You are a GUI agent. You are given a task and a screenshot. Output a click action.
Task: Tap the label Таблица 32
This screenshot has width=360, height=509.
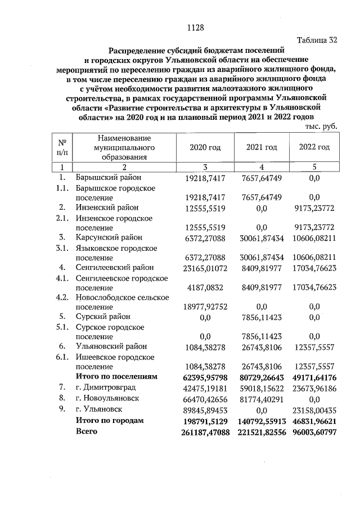tap(317, 40)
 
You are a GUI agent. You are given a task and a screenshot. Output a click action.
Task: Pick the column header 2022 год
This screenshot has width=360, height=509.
tap(314, 147)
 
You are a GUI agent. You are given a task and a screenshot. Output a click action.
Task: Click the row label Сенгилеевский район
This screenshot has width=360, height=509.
tap(114, 267)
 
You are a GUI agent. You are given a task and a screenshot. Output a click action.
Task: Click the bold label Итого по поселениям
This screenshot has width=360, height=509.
tap(116, 376)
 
